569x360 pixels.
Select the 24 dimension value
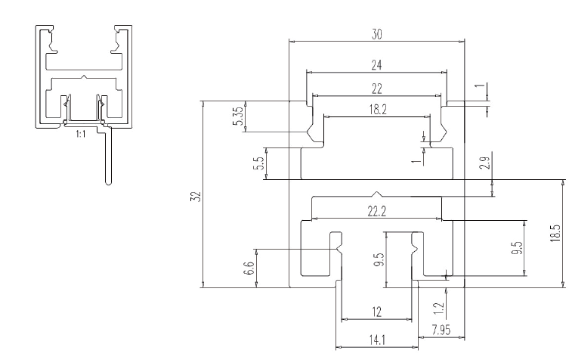tap(376, 66)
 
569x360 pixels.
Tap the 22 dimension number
tap(376, 89)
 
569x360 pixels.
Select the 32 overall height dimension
tap(195, 197)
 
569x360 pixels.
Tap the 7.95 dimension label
tap(441, 328)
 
